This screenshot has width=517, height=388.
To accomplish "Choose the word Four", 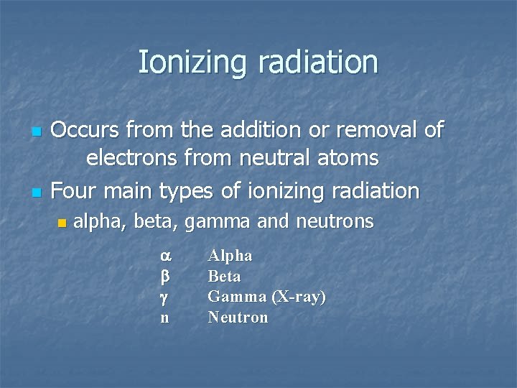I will (77, 191).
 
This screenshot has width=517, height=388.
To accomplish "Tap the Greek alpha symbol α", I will (164, 256).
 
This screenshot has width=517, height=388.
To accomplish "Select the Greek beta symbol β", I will (164, 276).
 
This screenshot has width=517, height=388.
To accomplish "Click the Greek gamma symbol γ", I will (164, 297).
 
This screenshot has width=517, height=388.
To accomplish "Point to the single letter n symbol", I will (164, 318).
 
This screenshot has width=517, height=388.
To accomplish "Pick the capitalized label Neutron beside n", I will (238, 318).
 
